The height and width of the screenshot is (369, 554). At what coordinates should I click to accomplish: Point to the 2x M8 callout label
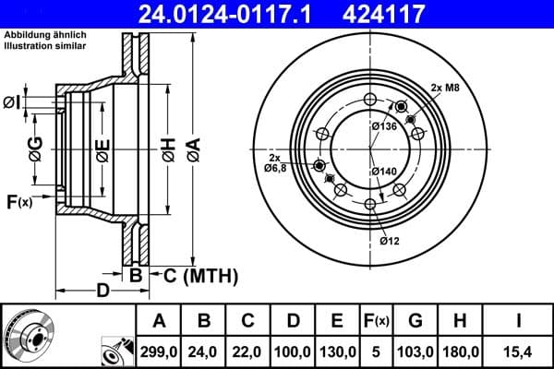[446, 89]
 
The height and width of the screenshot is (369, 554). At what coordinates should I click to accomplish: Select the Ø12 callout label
[390, 242]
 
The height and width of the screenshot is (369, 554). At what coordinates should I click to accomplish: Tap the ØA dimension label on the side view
[193, 147]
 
